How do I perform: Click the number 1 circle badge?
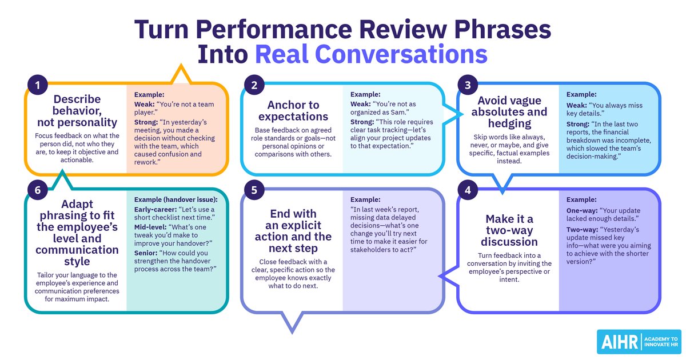coord(37,85)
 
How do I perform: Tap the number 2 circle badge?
coord(254,85)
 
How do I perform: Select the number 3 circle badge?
coord(468,85)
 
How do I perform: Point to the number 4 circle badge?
coord(468,190)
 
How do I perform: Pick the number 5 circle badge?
coord(254,190)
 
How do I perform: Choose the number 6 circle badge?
coord(37,190)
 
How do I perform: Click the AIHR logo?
coord(639,342)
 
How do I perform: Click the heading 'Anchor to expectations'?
coord(293,110)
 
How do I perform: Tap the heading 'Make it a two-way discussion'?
coord(509,230)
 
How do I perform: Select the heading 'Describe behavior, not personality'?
coord(77,110)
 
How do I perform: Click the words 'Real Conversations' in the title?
coord(371,54)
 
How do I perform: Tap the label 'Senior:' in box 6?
coord(145,253)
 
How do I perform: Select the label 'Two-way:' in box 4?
coord(582,230)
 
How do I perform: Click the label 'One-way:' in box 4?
coord(582,211)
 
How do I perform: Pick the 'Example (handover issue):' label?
coord(176,199)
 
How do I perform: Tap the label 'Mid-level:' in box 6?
coord(150,227)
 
